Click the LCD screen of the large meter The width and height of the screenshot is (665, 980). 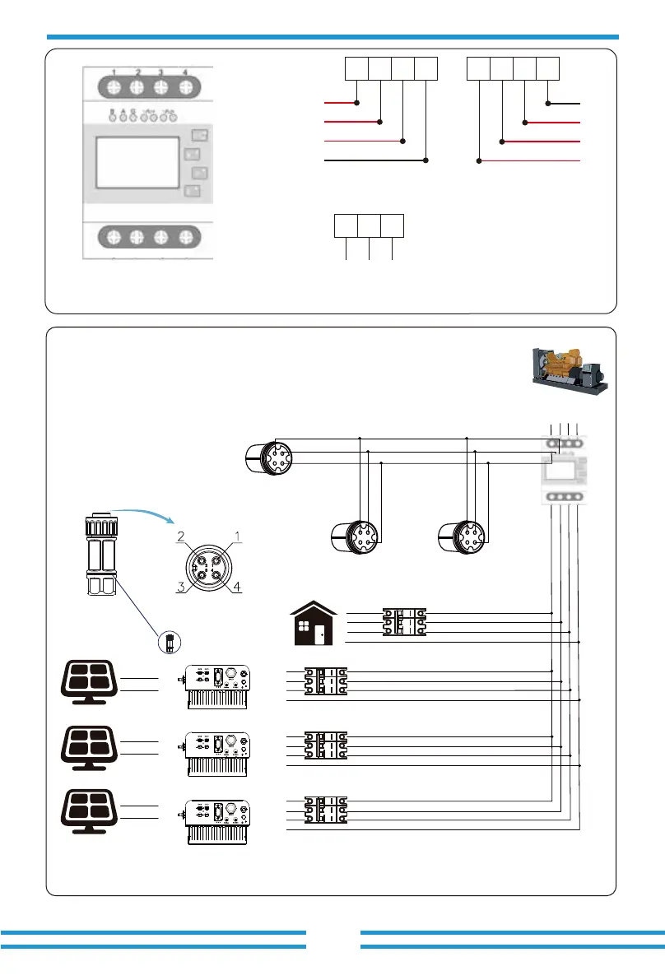[137, 162]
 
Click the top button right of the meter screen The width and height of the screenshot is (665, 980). [199, 134]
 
